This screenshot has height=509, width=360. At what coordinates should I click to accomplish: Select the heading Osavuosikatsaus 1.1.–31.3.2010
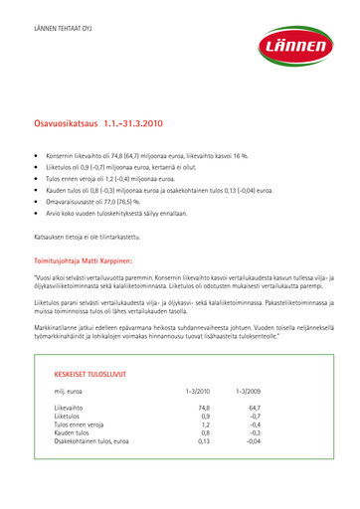[97, 124]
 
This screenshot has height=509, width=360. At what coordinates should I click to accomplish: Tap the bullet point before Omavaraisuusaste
[36, 201]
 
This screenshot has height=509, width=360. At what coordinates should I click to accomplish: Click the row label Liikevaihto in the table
[70, 408]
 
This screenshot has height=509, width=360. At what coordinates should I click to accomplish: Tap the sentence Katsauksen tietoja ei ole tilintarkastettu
[97, 237]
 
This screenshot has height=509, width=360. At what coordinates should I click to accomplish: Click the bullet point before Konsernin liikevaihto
[36, 157]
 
